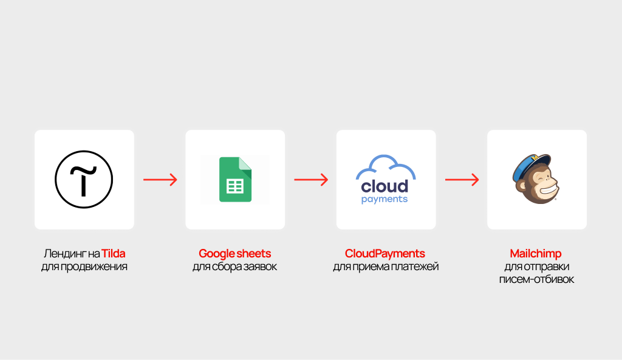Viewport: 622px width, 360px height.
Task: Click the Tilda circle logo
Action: pos(84,179)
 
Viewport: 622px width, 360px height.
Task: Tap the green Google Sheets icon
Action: pos(235,180)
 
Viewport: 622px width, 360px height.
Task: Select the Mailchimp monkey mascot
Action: pos(536,179)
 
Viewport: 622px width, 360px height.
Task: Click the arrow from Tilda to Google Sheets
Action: pos(160,180)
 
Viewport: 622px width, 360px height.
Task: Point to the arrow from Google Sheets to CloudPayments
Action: pos(311,180)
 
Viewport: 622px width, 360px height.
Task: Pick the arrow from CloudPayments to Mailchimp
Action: pos(462,180)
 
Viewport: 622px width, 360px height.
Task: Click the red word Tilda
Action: pos(114,253)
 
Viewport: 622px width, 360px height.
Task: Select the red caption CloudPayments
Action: pos(384,254)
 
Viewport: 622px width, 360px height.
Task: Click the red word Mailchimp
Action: pos(536,254)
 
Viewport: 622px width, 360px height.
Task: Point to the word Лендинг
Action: pos(65,254)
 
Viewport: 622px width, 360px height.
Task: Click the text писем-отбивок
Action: pos(536,279)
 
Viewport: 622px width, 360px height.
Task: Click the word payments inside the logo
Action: pos(384,199)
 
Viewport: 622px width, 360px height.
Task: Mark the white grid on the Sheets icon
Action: pos(235,186)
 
